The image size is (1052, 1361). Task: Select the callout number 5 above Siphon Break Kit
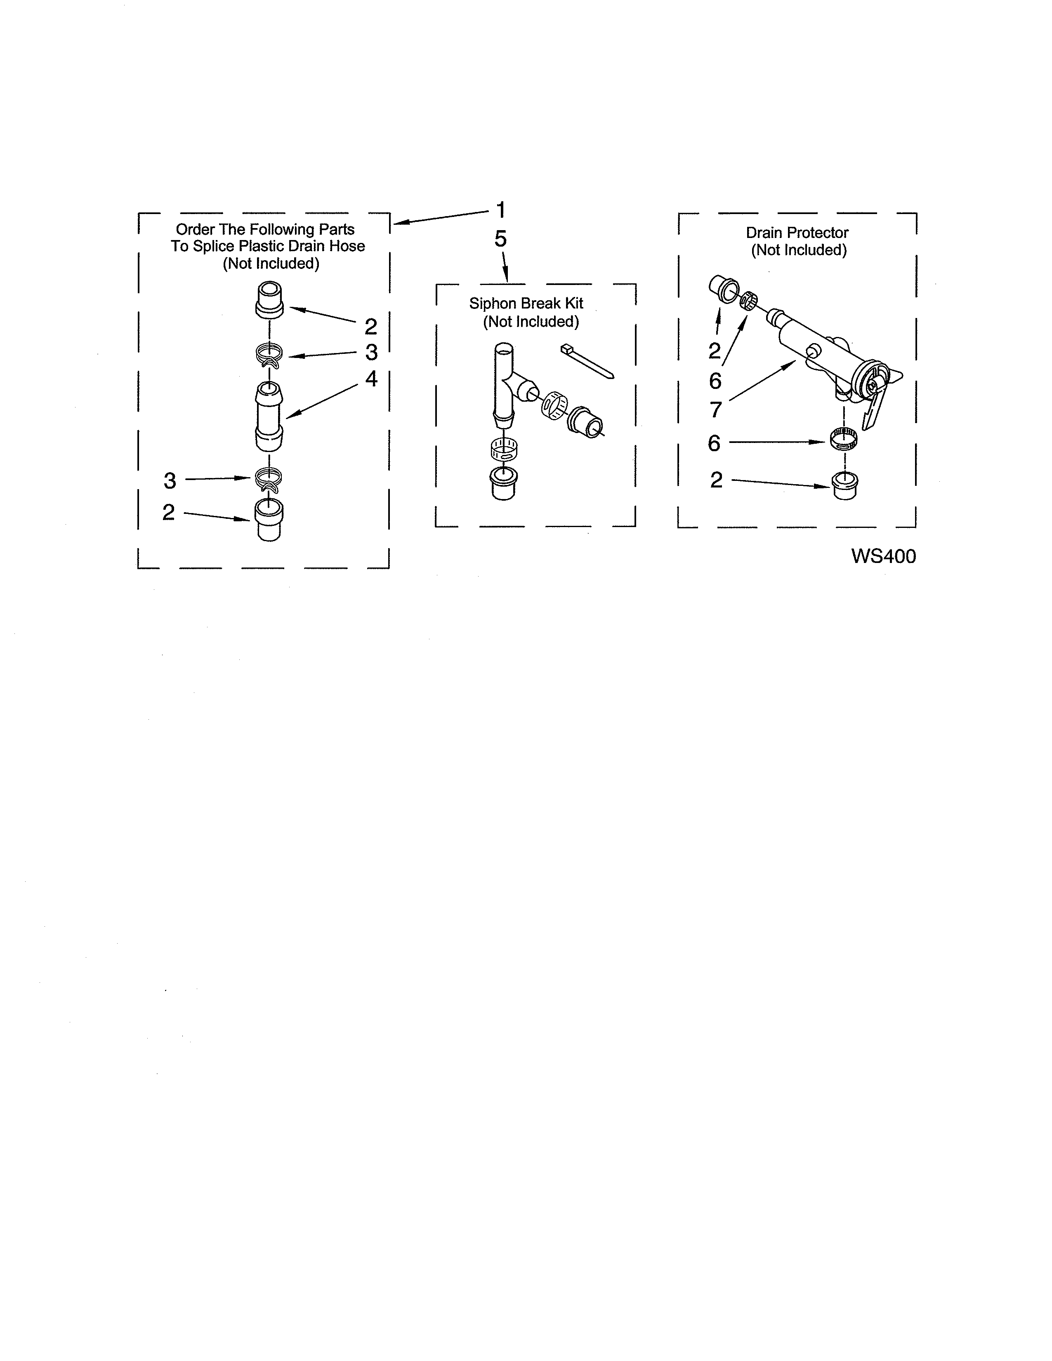tap(500, 239)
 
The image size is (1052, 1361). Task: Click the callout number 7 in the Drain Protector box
tap(715, 410)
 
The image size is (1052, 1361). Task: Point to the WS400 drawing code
tap(883, 556)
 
